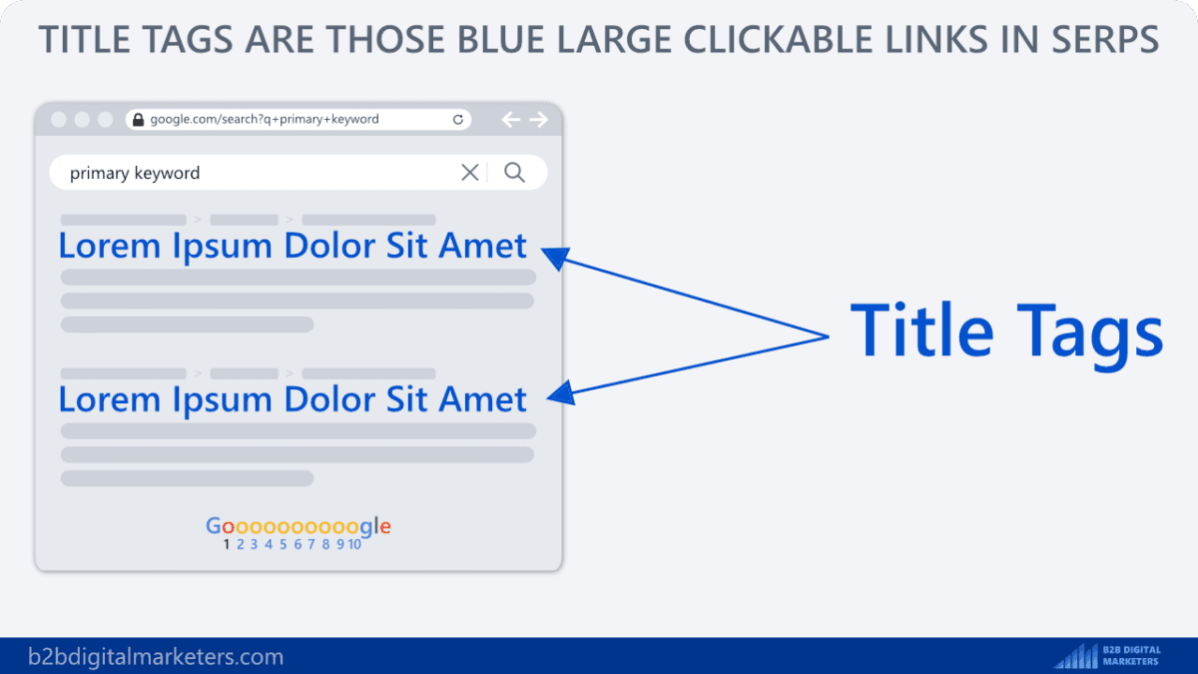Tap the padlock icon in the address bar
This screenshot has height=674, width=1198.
coord(139,120)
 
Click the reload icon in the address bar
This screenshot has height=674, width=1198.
coord(458,120)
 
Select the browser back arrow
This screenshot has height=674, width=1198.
coord(511,120)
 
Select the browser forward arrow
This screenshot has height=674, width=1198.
coord(539,120)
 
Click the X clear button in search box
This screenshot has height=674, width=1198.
coord(469,173)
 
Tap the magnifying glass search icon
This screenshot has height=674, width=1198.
coord(514,173)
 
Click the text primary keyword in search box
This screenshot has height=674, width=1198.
coord(135,174)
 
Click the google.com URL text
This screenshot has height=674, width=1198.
coord(265,119)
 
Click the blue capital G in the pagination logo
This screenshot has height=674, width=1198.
coord(214,526)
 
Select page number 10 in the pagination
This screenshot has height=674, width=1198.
coord(354,544)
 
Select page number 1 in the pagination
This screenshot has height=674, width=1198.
coord(228,544)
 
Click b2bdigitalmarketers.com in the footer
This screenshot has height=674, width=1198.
coord(156,657)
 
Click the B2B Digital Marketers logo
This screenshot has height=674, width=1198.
coord(1108,656)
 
